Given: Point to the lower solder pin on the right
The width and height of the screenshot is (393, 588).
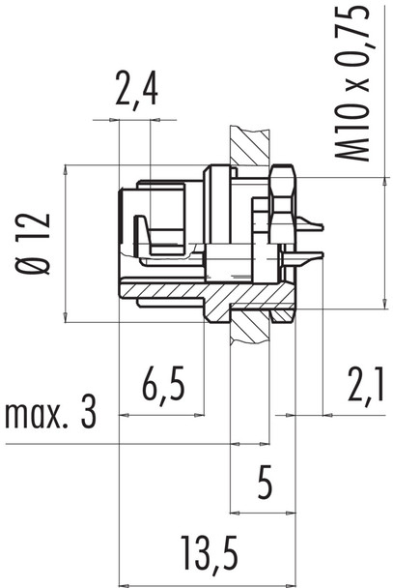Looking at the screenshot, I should (309, 260).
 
